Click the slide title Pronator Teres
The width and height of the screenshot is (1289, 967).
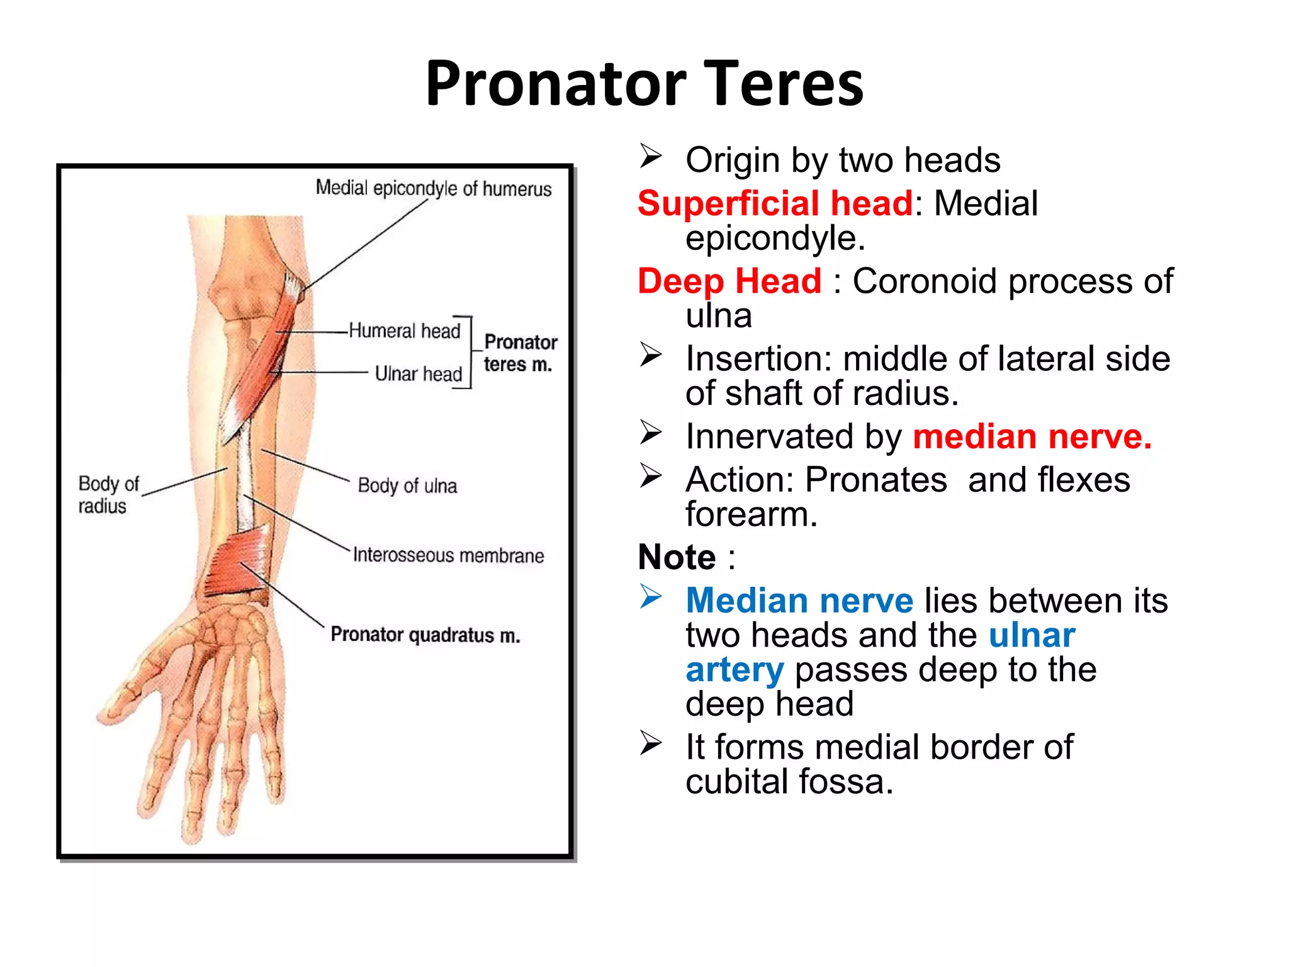[644, 83]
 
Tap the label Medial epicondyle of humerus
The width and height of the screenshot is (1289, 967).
[433, 188]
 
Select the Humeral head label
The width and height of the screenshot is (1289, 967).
[404, 331]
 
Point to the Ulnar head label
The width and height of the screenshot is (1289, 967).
[418, 373]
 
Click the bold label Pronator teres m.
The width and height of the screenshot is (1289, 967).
[520, 353]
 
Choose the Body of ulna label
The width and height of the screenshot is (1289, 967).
[407, 485]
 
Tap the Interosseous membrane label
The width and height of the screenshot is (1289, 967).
[448, 555]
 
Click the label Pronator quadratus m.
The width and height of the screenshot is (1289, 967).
[425, 635]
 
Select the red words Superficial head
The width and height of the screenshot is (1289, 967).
[775, 203]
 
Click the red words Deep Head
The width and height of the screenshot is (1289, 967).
[729, 281]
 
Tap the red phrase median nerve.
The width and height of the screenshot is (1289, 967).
[1032, 436]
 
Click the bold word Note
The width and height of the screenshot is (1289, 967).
[677, 557]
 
